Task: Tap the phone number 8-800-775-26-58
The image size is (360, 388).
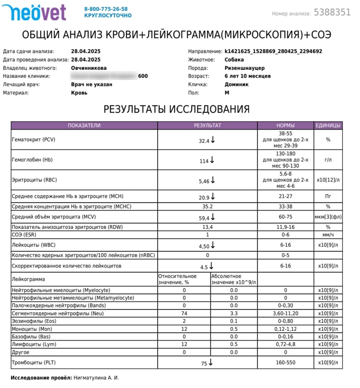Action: [x=106, y=9]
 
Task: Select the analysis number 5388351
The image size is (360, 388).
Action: [x=332, y=13]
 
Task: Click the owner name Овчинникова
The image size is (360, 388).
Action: [x=89, y=68]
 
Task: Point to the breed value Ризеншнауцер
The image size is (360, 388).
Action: [x=244, y=68]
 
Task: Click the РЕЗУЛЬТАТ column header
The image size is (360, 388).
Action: [x=207, y=125]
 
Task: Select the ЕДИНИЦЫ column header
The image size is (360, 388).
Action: [x=328, y=125]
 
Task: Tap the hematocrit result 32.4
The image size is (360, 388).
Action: [x=204, y=141]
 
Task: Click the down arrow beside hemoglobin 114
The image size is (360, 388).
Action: [x=212, y=160]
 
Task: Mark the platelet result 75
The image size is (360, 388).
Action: [x=204, y=363]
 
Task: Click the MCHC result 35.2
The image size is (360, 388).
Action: [x=207, y=207]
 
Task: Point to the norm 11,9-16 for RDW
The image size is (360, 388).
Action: [x=285, y=227]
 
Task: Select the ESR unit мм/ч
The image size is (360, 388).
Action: [x=328, y=235]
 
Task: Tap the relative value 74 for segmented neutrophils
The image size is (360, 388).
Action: [x=184, y=314]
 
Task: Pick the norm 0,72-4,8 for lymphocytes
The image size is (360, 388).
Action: [x=285, y=344]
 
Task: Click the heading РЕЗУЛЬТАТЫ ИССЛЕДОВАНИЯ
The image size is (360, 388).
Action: [x=176, y=109]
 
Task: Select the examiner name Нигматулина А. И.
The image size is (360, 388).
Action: [x=96, y=378]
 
